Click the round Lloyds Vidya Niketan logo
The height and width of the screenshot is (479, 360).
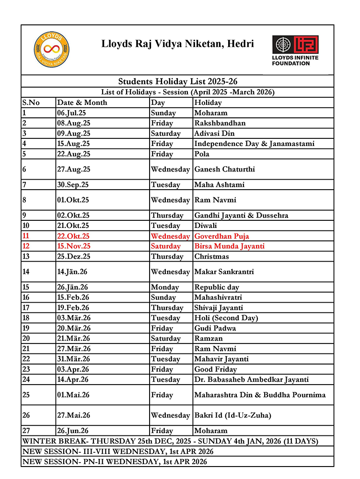point(52,50)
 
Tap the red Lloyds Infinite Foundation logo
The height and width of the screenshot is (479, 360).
point(295,50)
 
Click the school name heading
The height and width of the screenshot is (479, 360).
point(177,44)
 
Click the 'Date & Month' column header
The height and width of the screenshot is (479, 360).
point(82,103)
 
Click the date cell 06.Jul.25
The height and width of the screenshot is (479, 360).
point(74,113)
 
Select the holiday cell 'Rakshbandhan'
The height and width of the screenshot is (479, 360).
point(220,123)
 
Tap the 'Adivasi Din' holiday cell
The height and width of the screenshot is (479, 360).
point(215,134)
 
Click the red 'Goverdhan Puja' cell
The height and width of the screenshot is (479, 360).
point(221,236)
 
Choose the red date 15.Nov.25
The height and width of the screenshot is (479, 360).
point(74,246)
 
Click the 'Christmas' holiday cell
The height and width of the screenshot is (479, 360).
point(211,256)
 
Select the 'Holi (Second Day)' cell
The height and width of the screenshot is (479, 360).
point(226,318)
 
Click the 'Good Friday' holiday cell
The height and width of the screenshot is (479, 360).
point(215,369)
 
